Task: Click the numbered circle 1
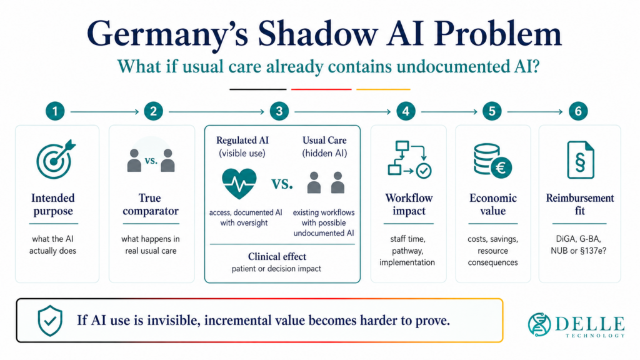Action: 55,111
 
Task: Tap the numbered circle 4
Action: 406,111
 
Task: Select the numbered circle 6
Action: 578,111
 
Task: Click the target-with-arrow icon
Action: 56,159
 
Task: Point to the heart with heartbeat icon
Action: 239,183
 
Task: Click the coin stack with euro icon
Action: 492,161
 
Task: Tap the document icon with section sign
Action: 581,160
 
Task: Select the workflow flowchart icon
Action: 409,159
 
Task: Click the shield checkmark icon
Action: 50,321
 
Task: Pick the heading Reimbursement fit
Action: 580,204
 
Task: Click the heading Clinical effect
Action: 277,256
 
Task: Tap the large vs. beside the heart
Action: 282,184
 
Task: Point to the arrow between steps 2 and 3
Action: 216,111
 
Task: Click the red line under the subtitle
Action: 321,89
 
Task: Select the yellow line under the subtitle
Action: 383,89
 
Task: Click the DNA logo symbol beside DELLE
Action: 539,324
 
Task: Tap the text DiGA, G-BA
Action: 579,239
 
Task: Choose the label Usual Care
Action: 324,141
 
